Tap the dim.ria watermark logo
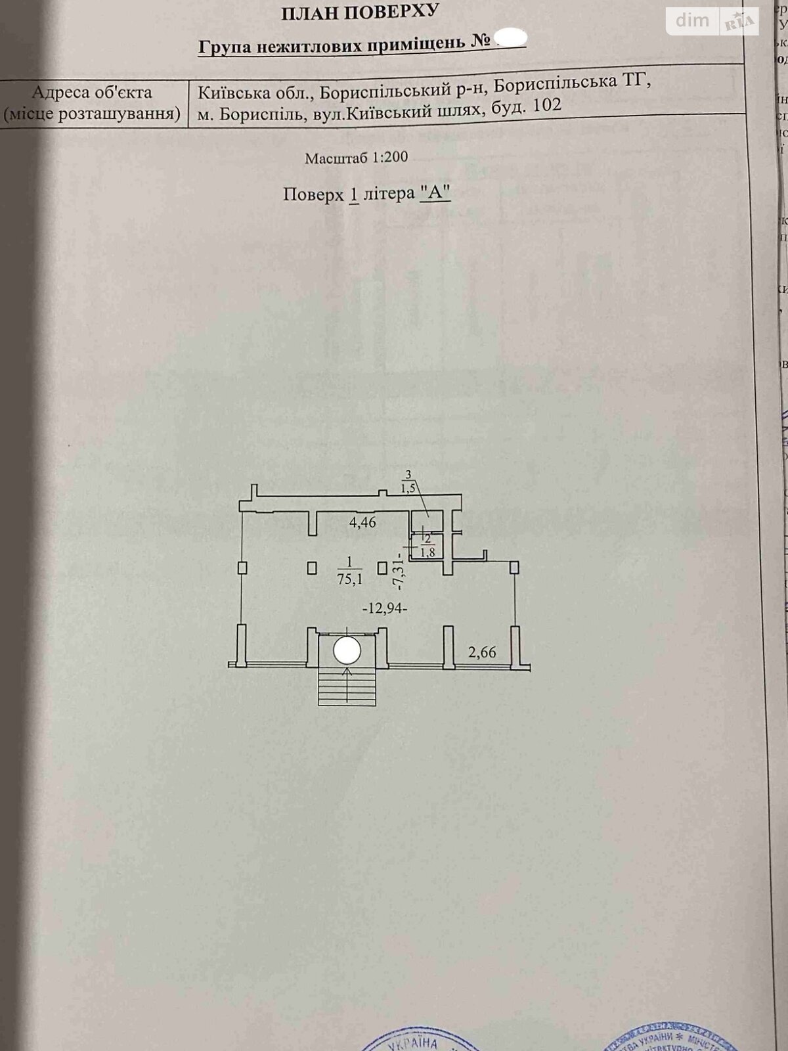click(x=712, y=21)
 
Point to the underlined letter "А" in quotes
click(x=435, y=193)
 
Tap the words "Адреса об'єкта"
click(x=92, y=93)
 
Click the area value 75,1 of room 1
click(x=349, y=579)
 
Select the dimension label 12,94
click(x=385, y=608)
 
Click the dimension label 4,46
click(x=362, y=523)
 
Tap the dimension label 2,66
click(x=482, y=652)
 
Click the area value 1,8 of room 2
click(x=427, y=552)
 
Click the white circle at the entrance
click(x=347, y=651)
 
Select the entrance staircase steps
click(x=347, y=687)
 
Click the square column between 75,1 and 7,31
click(x=382, y=567)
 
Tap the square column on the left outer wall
click(x=242, y=567)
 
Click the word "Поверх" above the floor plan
click(x=313, y=195)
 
